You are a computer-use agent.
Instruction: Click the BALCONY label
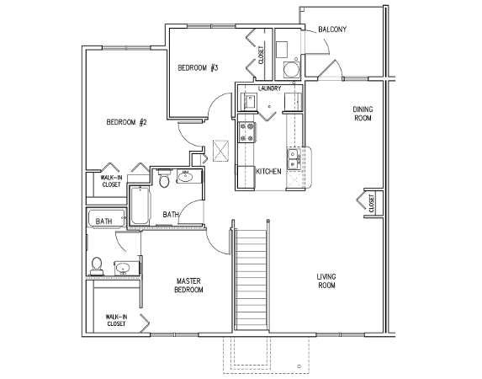tap(332, 29)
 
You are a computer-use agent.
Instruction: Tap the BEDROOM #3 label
tap(198, 67)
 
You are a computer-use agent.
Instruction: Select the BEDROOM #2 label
tap(127, 122)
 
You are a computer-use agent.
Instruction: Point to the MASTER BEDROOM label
tap(188, 286)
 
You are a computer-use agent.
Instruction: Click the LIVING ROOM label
tap(326, 281)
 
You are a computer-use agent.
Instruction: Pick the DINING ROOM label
tap(363, 114)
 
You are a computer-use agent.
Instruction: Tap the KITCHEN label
tap(268, 172)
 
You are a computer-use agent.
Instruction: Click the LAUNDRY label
tap(269, 88)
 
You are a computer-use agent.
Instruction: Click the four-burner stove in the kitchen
tap(247, 132)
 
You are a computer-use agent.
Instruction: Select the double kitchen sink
tap(294, 159)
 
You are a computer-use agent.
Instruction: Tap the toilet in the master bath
tap(97, 266)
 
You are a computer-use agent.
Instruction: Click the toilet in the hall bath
tap(164, 179)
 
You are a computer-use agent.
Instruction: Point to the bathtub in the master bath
tap(107, 218)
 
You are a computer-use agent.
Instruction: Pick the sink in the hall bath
tap(185, 177)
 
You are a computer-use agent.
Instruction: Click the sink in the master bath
tap(124, 269)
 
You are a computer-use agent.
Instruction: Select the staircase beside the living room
tap(251, 279)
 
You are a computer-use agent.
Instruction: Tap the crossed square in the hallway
tap(221, 151)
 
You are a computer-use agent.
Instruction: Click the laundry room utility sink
tap(250, 101)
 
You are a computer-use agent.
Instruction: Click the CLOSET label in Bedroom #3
tap(261, 55)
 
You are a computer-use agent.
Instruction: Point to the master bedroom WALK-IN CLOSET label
tap(116, 320)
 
